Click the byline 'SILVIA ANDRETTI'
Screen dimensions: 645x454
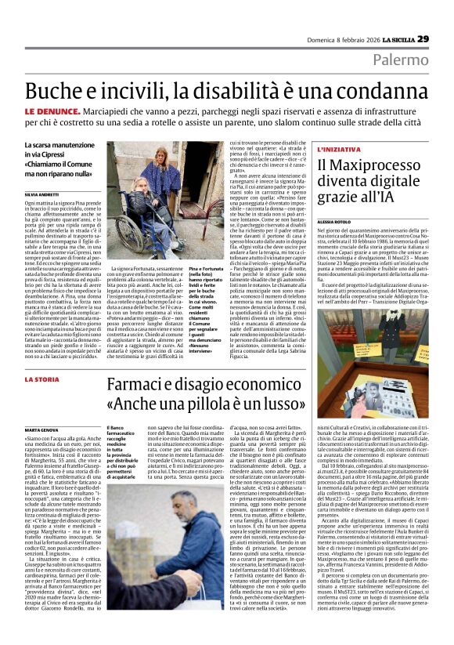41,193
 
